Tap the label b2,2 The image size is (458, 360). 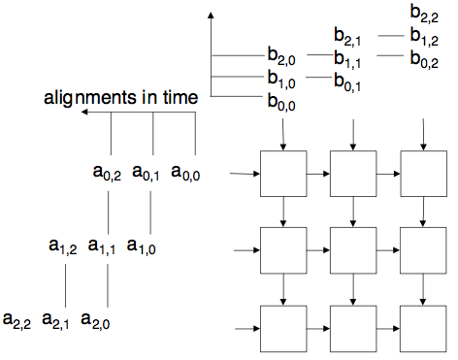427,15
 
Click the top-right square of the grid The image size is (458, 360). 423,175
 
